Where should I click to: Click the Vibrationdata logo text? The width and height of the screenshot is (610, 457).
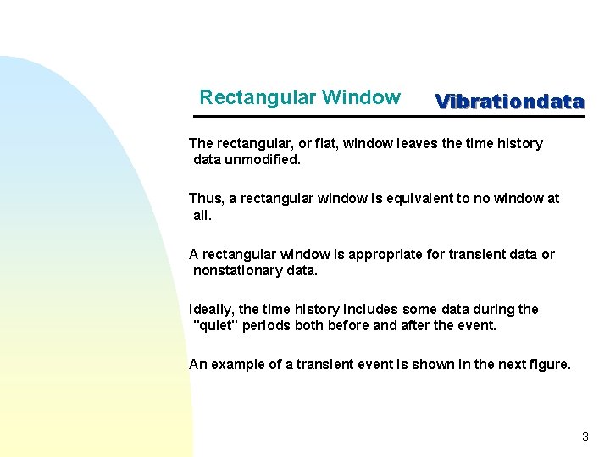(x=509, y=102)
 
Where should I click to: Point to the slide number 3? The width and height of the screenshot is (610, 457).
(x=585, y=437)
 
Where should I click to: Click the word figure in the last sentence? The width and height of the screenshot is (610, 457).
(x=548, y=364)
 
